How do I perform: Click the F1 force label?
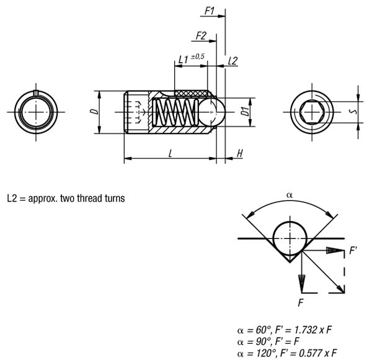[x=210, y=11]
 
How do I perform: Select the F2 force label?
[x=201, y=36]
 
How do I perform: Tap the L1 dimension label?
[x=183, y=60]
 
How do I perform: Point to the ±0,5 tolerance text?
[x=197, y=56]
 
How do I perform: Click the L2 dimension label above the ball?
[x=232, y=61]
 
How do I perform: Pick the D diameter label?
[x=94, y=111]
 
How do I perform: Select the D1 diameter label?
[x=245, y=111]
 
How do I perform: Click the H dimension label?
[x=240, y=153]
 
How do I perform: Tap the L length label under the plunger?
[x=170, y=154]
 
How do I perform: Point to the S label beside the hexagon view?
[x=354, y=111]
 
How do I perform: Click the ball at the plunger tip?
[x=211, y=112]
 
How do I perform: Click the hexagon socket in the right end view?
[x=312, y=112]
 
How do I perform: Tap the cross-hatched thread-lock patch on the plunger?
[x=191, y=93]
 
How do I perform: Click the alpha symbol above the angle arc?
[x=290, y=195]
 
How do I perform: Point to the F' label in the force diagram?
[x=353, y=250]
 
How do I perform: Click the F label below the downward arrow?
[x=301, y=303]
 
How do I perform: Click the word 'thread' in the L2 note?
[x=87, y=198]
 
